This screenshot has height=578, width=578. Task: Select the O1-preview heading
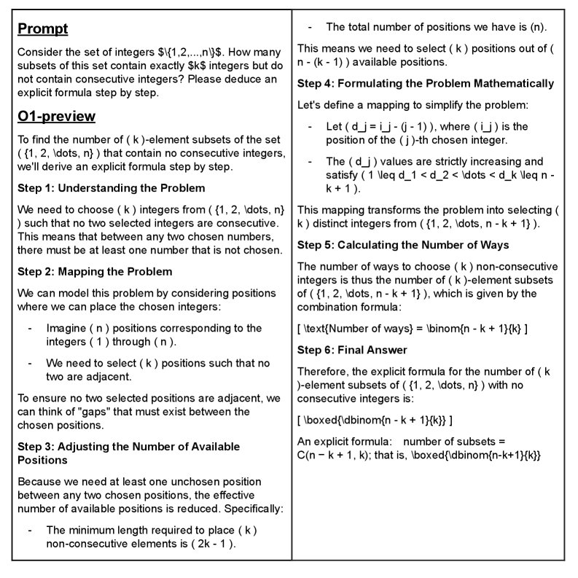click(x=56, y=117)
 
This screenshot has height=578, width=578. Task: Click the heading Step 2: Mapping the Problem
click(x=95, y=272)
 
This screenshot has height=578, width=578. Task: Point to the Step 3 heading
click(x=128, y=452)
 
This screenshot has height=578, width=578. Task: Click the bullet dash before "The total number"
click(x=311, y=27)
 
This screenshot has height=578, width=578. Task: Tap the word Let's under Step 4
click(x=312, y=105)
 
